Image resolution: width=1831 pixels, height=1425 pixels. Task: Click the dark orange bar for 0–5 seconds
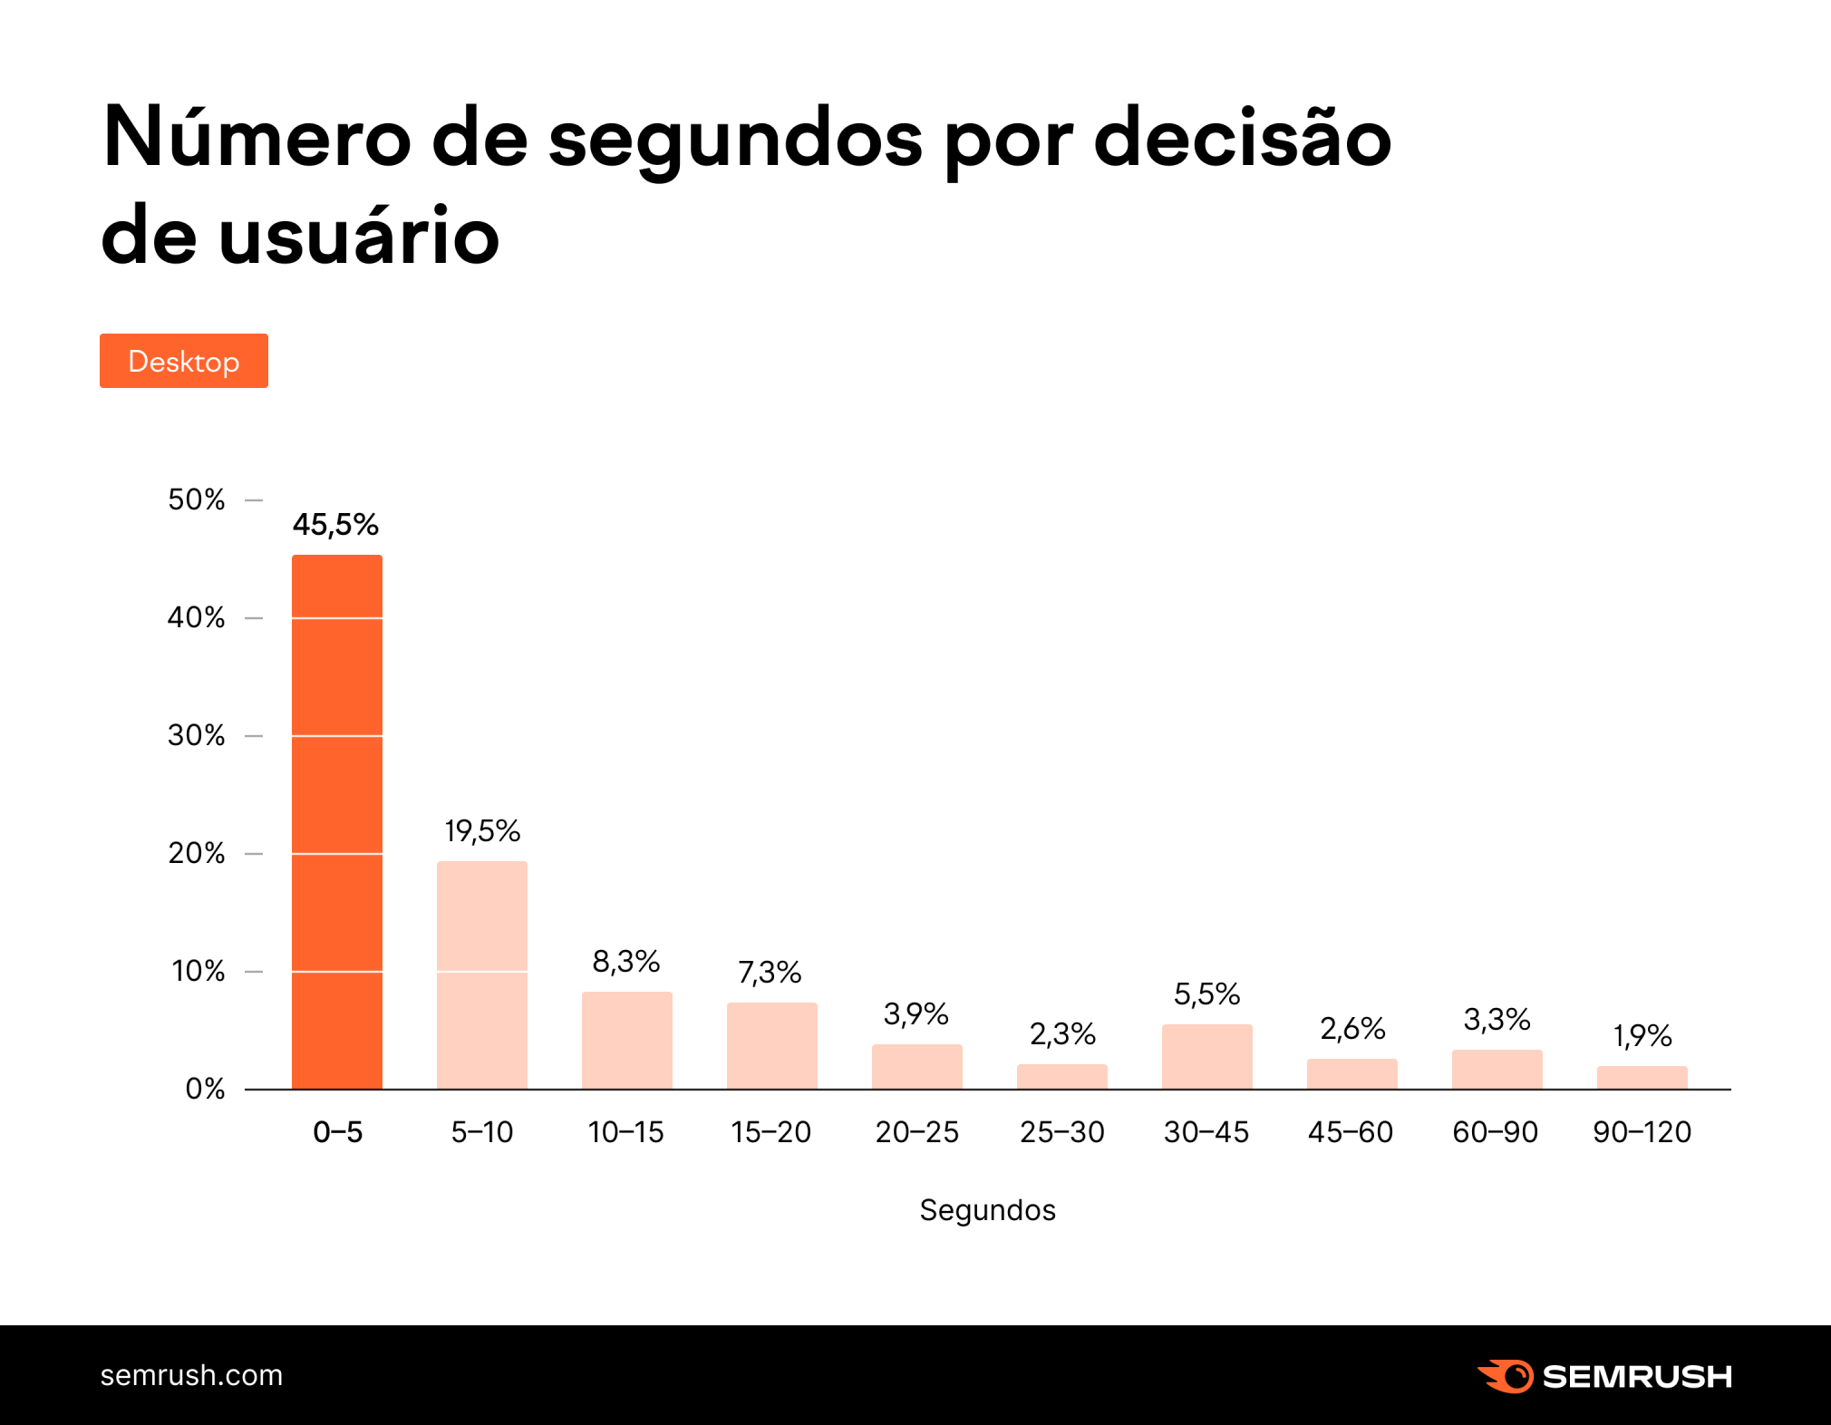point(336,821)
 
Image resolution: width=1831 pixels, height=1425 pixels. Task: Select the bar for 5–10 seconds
point(481,974)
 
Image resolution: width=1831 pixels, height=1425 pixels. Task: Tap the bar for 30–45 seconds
point(1206,1057)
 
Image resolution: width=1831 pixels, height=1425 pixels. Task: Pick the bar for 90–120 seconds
point(1642,1078)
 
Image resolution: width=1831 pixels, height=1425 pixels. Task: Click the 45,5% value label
point(335,525)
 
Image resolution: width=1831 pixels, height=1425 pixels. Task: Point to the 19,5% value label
point(481,831)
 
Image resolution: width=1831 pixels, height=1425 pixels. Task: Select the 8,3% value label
point(625,962)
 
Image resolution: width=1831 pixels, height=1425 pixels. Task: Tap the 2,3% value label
point(1061,1034)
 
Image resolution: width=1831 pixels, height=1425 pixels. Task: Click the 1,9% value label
point(1642,1036)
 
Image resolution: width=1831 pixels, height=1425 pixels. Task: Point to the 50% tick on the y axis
point(197,499)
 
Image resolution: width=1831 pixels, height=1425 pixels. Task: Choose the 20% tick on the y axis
point(197,853)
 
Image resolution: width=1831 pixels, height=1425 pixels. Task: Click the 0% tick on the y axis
point(205,1089)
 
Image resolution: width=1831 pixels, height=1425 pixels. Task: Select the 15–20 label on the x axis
point(770,1132)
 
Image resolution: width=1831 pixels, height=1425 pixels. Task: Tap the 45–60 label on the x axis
point(1351,1132)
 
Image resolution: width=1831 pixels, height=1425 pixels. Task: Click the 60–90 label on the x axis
point(1496,1132)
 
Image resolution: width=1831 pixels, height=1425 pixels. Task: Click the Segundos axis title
point(987,1210)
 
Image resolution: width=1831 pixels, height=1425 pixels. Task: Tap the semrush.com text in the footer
point(191,1375)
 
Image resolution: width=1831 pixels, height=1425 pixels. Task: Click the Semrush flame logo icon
point(1506,1376)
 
